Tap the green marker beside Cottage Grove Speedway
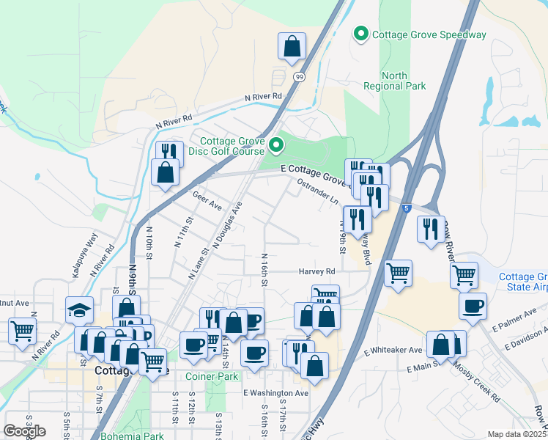pyautogui.click(x=360, y=34)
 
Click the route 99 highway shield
pyautogui.click(x=299, y=76)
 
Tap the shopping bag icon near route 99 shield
pyautogui.click(x=292, y=46)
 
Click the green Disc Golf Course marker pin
pyautogui.click(x=276, y=146)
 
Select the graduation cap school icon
pyautogui.click(x=79, y=310)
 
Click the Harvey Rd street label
pyautogui.click(x=316, y=271)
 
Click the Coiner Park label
pyautogui.click(x=213, y=376)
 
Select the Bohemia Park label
pyautogui.click(x=144, y=436)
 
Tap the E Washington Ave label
pyautogui.click(x=276, y=393)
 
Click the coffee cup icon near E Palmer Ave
pyautogui.click(x=473, y=305)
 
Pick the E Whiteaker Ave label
pyautogui.click(x=393, y=351)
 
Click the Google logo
pyautogui.click(x=25, y=430)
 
